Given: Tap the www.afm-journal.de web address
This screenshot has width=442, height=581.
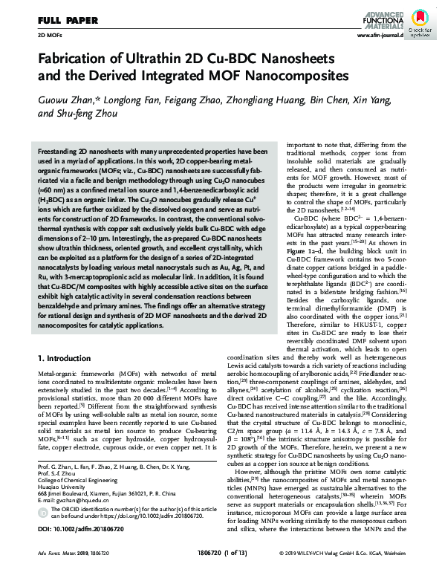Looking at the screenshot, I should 380,35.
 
